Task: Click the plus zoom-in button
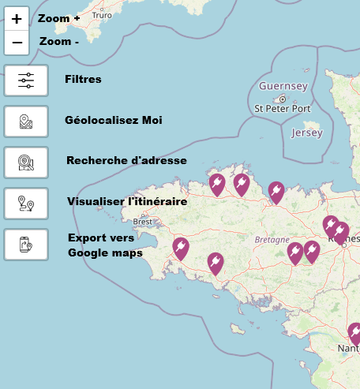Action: coord(17,19)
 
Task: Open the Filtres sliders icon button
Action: coord(26,80)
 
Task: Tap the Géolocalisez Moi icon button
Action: coord(26,122)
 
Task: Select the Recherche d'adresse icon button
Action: coord(26,162)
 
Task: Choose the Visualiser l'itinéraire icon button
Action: coord(26,203)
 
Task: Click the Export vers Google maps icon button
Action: coord(26,245)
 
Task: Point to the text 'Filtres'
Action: coord(83,79)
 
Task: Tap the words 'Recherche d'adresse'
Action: coord(126,160)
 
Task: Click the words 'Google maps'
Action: coord(105,253)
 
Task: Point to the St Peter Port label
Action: coord(283,108)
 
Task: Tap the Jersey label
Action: coord(307,133)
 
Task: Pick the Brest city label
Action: coord(143,222)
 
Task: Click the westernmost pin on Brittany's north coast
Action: coord(216,184)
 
